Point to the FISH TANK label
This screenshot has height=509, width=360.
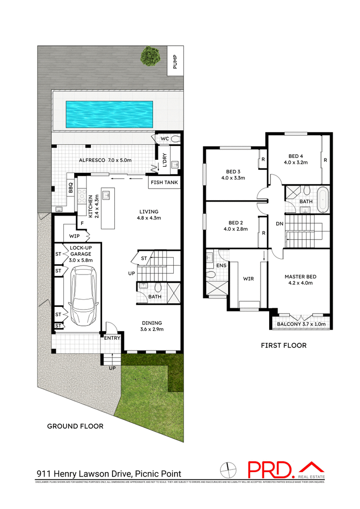(x=165, y=183)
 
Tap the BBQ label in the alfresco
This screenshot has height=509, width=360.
(x=71, y=187)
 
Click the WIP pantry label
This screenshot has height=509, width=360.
(x=75, y=236)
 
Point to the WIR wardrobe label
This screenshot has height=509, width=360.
(x=248, y=279)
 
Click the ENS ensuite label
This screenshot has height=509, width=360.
(x=221, y=266)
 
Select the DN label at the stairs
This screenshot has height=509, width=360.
(x=279, y=224)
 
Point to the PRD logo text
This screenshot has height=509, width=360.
(x=271, y=470)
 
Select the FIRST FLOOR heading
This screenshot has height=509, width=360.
(x=284, y=346)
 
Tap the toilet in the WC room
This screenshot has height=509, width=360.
(x=175, y=139)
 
